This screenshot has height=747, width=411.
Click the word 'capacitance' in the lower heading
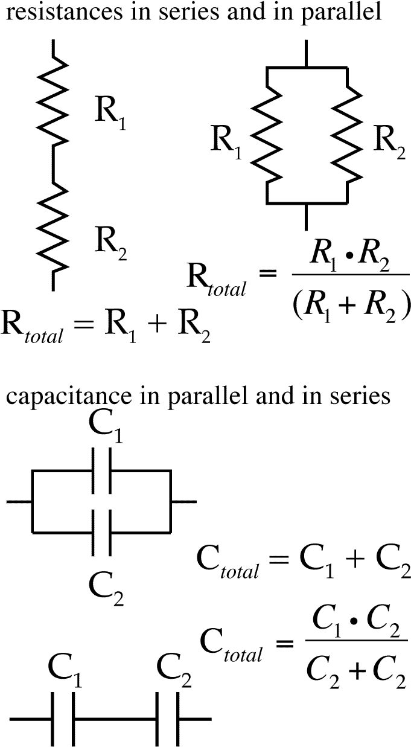click(69, 396)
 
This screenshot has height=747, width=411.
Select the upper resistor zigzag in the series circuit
click(53, 100)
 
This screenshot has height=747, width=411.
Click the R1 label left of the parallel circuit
click(226, 143)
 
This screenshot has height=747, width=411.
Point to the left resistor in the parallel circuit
click(266, 135)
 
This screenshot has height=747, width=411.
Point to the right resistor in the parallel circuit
click(346, 135)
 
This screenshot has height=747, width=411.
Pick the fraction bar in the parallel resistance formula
click(351, 275)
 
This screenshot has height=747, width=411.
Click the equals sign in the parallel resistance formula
click(268, 274)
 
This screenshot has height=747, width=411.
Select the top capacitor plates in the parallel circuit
click(101, 471)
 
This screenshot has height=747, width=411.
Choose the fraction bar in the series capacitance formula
click(356, 640)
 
